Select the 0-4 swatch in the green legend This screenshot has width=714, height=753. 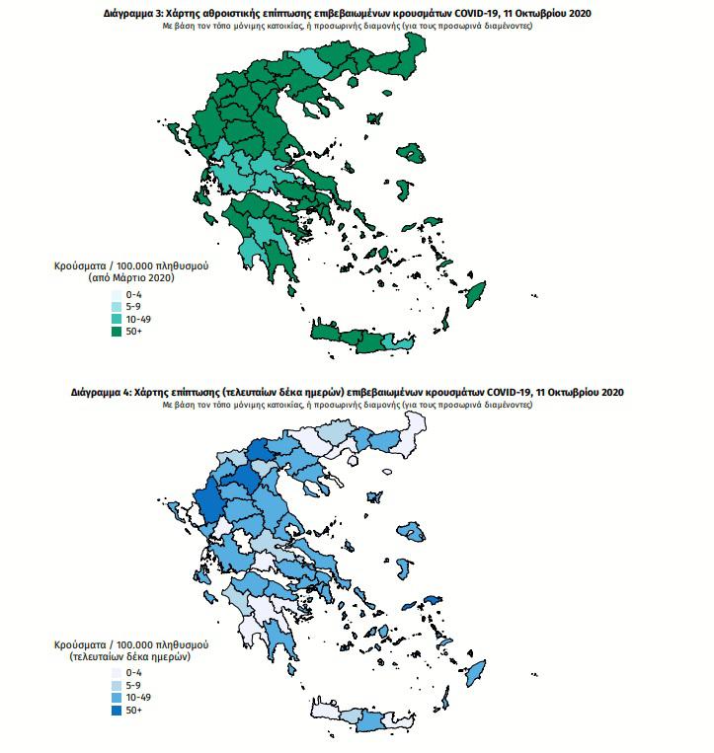[116, 294]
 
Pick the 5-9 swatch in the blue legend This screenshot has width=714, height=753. [116, 684]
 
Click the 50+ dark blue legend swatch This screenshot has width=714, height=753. [116, 710]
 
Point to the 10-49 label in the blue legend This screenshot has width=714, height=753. [138, 697]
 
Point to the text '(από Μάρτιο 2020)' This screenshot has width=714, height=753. [130, 279]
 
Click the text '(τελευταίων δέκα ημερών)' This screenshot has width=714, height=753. [130, 656]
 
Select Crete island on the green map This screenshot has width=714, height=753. [365, 339]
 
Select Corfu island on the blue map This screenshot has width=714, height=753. [171, 510]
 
